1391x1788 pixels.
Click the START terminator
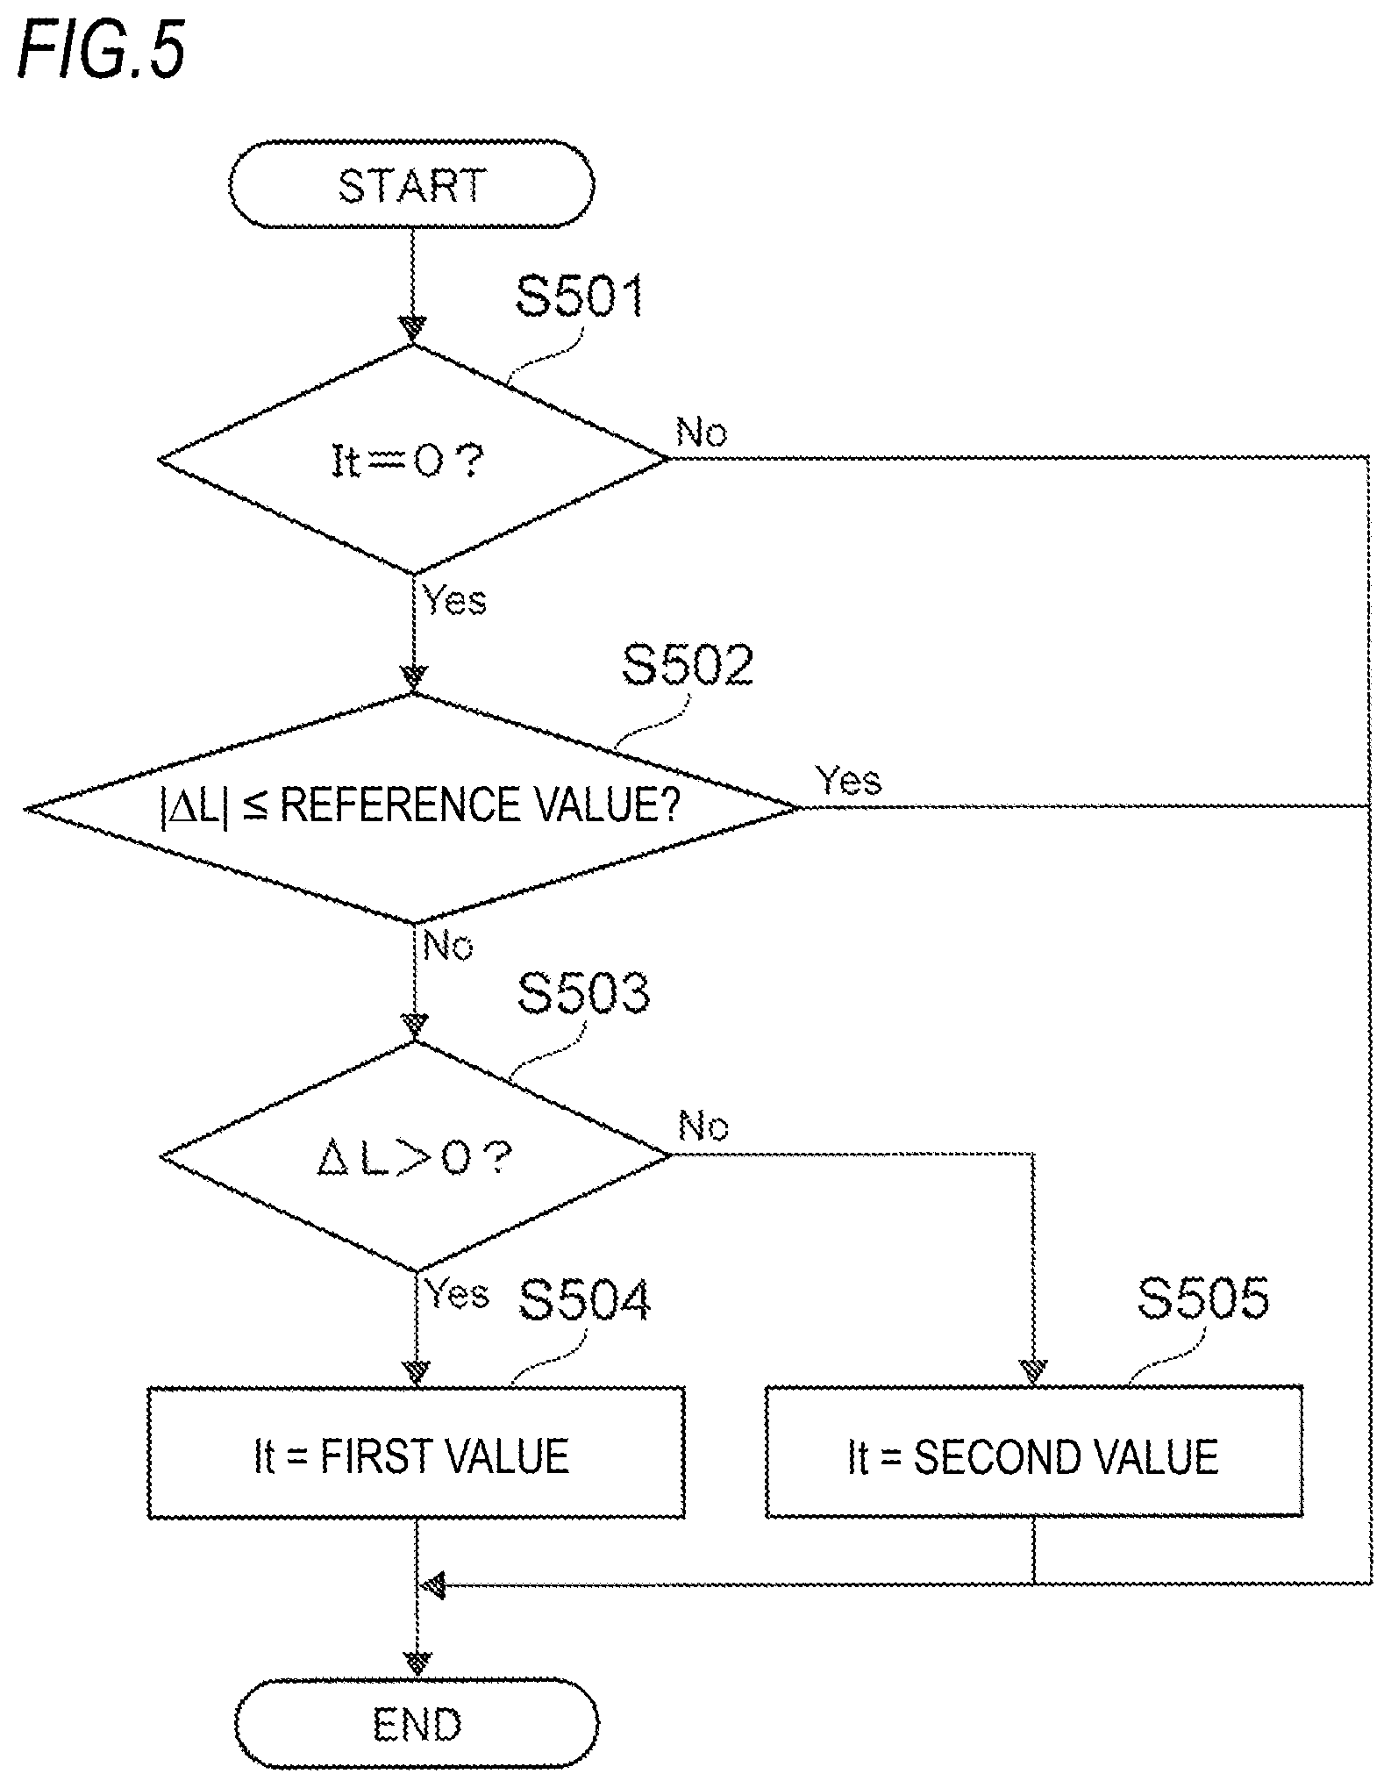pos(412,184)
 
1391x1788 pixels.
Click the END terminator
pos(417,1724)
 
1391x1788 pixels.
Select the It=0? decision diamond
pos(413,459)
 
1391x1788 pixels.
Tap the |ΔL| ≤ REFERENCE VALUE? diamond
pos(413,807)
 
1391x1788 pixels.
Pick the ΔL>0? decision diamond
pos(415,1155)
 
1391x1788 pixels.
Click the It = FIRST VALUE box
pos(416,1454)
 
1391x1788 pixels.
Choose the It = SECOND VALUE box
pos(1034,1454)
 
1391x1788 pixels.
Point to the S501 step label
pos(580,296)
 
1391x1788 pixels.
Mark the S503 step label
pos(584,993)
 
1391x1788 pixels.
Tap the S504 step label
pos(584,1299)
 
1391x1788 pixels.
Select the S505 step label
pos(1203,1298)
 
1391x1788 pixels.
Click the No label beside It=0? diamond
pos(702,433)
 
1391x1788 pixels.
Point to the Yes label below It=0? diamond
pos(454,600)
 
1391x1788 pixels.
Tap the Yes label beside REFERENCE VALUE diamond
pos(848,779)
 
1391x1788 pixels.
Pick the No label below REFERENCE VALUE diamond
pos(448,945)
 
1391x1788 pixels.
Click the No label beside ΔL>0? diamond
pos(703,1126)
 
